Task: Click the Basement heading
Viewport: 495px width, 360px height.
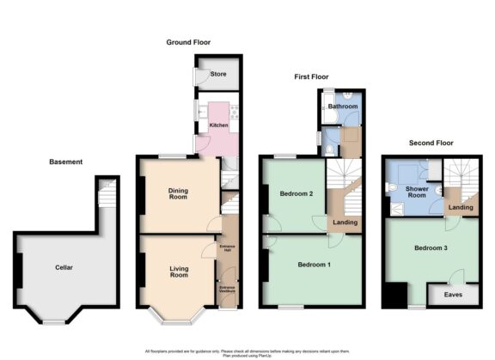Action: click(x=65, y=162)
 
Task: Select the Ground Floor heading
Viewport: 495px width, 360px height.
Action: click(x=189, y=42)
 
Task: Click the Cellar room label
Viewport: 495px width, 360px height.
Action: click(x=64, y=267)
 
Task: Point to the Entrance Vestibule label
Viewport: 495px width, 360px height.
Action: click(x=228, y=290)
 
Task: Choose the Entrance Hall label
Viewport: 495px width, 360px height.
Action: click(x=228, y=250)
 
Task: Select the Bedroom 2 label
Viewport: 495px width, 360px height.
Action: click(x=296, y=194)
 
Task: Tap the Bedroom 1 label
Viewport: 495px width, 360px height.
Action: click(x=314, y=265)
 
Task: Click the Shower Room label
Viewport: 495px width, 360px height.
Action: click(x=417, y=192)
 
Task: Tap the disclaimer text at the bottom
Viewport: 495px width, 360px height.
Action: click(x=247, y=352)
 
